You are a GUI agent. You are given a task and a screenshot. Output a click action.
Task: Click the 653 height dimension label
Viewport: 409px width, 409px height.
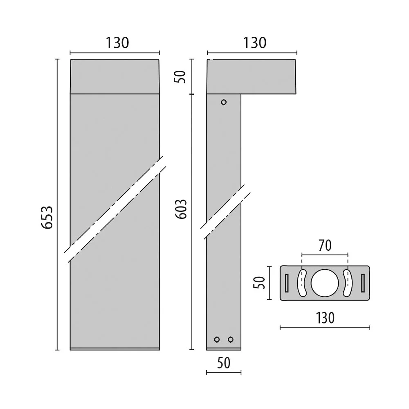click(x=47, y=218)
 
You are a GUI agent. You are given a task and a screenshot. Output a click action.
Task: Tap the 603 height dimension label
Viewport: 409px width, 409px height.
click(x=181, y=209)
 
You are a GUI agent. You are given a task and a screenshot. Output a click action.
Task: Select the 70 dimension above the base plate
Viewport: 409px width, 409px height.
click(x=325, y=245)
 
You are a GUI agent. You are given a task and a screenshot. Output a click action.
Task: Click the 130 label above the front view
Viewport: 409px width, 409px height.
click(x=117, y=43)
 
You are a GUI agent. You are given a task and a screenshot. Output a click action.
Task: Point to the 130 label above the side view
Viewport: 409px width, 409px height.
click(x=254, y=43)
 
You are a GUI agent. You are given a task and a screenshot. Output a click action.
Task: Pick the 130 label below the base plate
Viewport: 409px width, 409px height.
click(x=325, y=318)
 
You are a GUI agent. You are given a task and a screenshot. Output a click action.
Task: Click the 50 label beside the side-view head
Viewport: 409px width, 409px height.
click(x=180, y=77)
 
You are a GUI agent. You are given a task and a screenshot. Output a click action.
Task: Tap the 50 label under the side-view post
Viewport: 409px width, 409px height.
click(x=224, y=363)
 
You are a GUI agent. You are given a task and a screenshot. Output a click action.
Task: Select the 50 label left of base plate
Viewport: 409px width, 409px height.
click(x=260, y=283)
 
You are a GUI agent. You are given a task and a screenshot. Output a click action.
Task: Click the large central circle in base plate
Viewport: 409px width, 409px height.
click(x=325, y=283)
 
